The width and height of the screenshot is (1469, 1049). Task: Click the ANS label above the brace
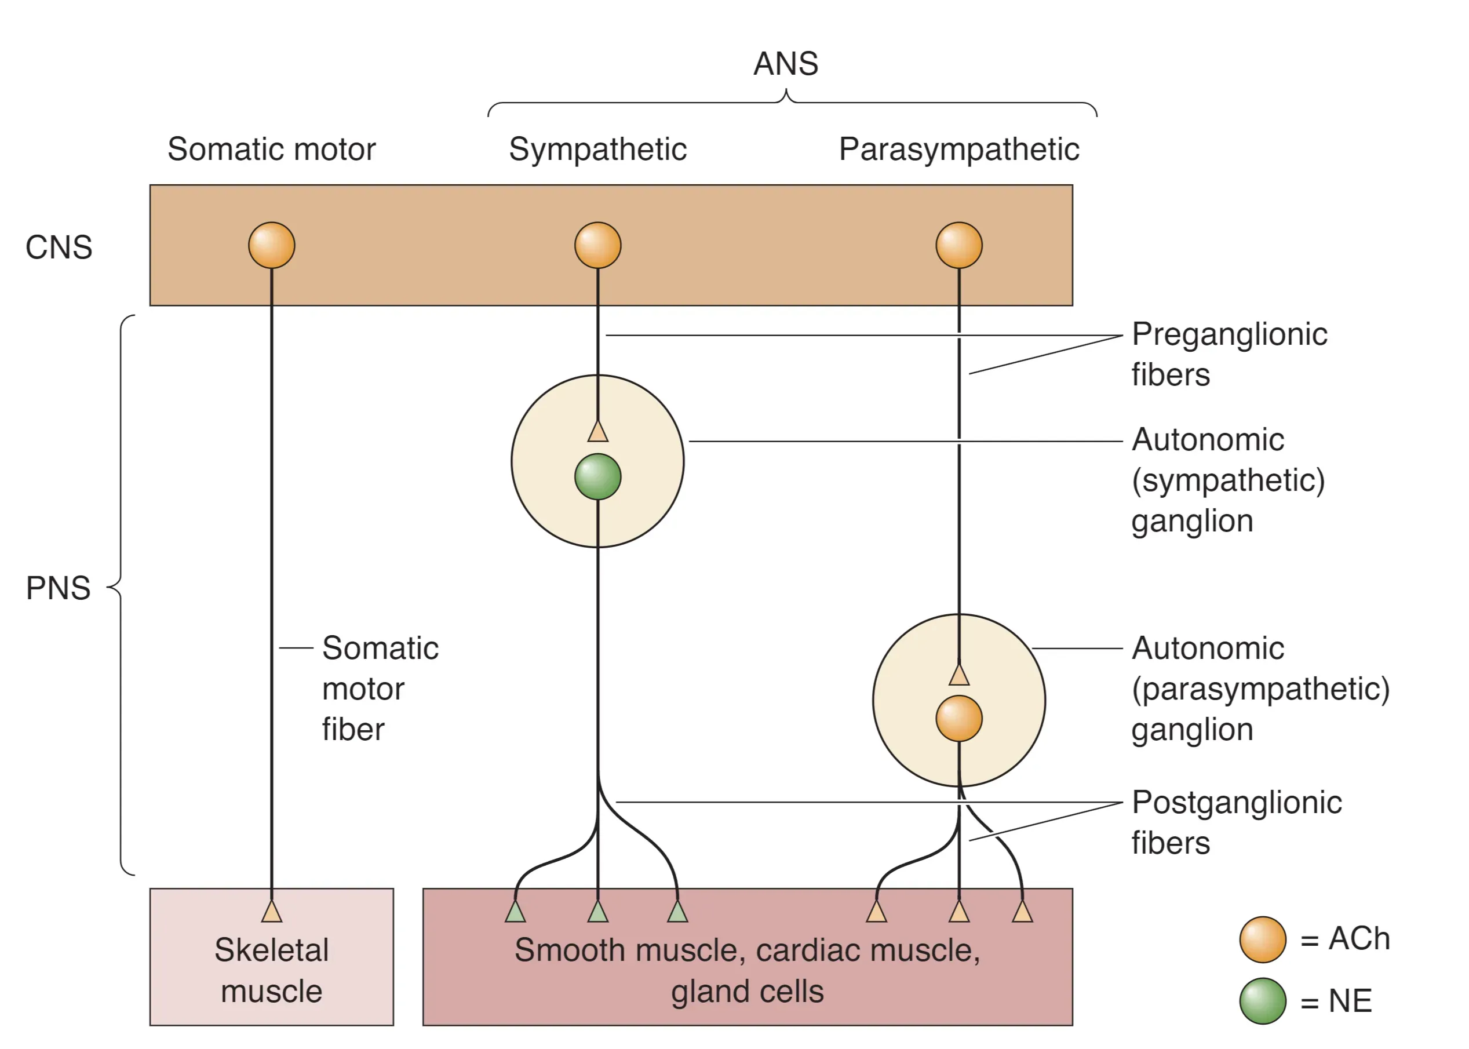pos(786,63)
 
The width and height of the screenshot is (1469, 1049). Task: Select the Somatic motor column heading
pos(271,149)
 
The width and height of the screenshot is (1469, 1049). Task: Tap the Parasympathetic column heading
pos(959,149)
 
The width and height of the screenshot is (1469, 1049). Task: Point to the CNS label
pos(59,247)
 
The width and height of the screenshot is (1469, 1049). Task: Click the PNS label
pos(58,588)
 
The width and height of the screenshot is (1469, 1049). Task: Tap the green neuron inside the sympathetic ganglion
pos(598,477)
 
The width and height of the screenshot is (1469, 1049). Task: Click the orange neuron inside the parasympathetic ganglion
pos(959,718)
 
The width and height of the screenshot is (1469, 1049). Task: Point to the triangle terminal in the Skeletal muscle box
pos(272,912)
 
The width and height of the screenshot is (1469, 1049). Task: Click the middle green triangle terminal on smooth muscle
pos(598,912)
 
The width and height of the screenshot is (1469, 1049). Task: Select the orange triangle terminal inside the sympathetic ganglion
pos(598,432)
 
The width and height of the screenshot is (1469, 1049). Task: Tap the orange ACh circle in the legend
pos(1262,940)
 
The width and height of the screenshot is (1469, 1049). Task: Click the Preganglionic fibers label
pos(1229,354)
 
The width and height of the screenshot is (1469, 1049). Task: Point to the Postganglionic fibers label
pos(1236,822)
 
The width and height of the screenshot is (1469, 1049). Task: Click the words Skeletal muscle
pos(272,970)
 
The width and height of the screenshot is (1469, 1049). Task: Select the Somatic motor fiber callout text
pos(380,689)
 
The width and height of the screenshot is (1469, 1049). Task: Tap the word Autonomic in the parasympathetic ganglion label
pos(1208,648)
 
